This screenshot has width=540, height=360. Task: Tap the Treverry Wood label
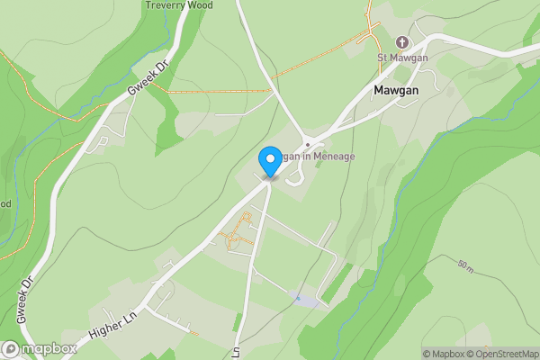coord(179,4)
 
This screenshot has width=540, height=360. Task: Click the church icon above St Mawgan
coord(401,42)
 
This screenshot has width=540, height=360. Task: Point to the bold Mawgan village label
coord(399,90)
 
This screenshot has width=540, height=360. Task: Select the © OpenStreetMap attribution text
coord(499,354)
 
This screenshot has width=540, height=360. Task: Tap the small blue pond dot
coord(297,296)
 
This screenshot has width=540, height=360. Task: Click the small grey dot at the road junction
coord(308,144)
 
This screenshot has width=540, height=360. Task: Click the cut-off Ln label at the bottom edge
coord(237,352)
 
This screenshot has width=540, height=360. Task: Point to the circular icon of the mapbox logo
coord(11,349)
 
